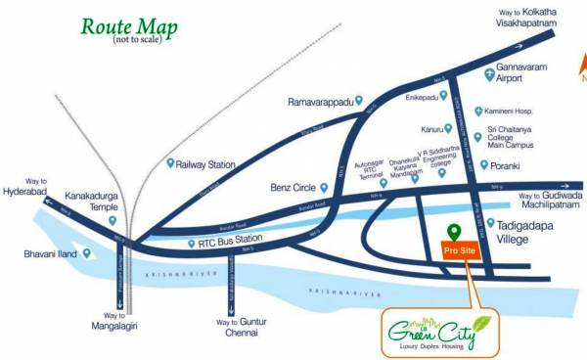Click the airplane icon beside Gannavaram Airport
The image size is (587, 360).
[x=490, y=74]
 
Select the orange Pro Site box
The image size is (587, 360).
[x=453, y=250]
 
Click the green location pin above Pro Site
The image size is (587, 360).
[x=453, y=232]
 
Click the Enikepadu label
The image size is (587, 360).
[x=421, y=101]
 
